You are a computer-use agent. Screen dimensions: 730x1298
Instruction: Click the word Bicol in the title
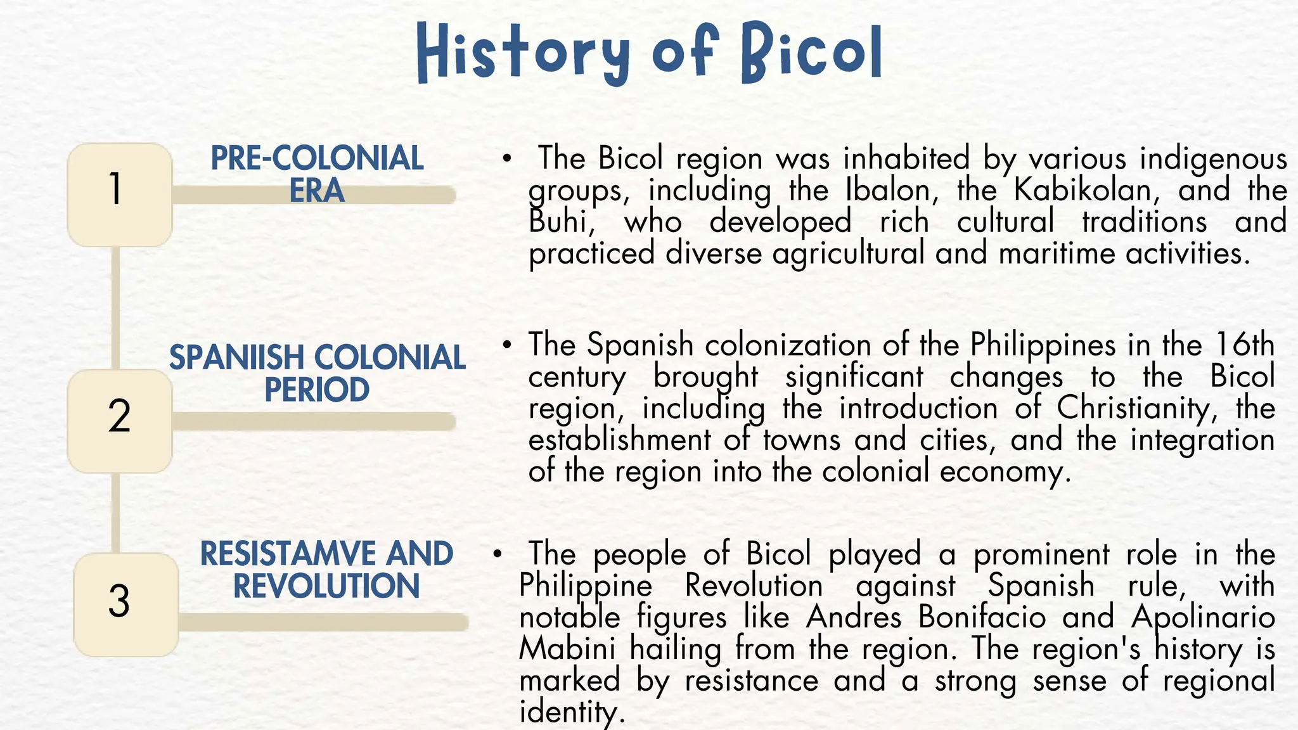pyautogui.click(x=812, y=52)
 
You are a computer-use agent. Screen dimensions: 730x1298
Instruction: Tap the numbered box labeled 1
pyautogui.click(x=119, y=194)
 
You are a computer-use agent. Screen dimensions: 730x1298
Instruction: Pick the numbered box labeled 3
pyautogui.click(x=124, y=603)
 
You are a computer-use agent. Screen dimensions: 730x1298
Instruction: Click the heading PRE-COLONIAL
pyautogui.click(x=317, y=158)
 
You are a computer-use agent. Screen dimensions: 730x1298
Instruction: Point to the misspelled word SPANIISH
pyautogui.click(x=236, y=358)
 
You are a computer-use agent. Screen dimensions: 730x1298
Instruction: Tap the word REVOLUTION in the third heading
pyautogui.click(x=326, y=586)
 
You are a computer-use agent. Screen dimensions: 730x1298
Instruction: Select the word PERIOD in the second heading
pyautogui.click(x=317, y=390)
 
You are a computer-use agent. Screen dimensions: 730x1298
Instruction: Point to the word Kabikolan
pyautogui.click(x=1081, y=190)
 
